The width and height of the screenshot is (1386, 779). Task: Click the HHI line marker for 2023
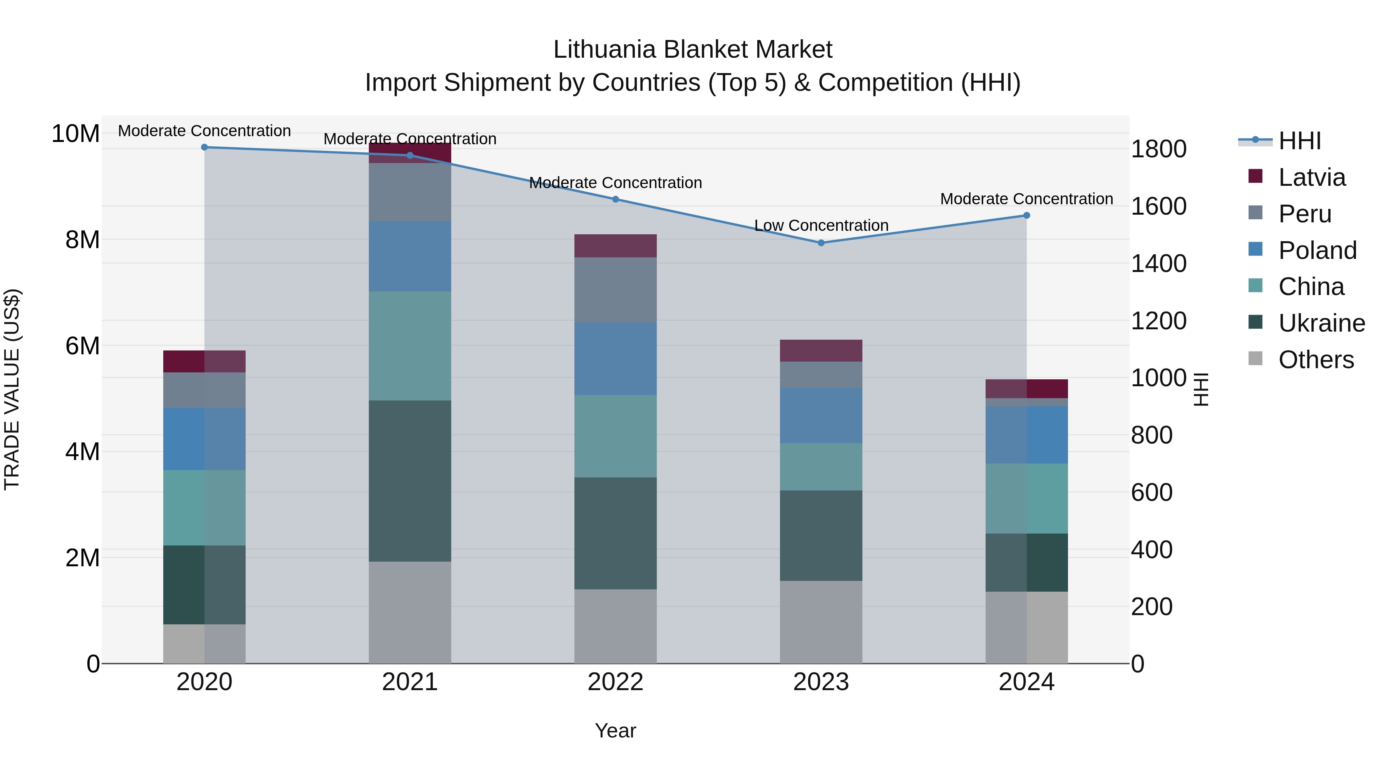click(821, 243)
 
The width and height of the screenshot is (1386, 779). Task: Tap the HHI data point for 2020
click(204, 147)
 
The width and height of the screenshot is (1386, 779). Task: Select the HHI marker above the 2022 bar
click(616, 199)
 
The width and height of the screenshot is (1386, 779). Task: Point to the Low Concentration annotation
click(821, 225)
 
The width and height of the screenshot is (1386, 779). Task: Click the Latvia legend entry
click(1312, 177)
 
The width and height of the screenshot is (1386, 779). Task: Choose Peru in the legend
click(1305, 214)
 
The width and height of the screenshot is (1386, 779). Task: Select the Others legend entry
click(1316, 360)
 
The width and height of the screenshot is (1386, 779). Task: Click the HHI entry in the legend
click(1299, 141)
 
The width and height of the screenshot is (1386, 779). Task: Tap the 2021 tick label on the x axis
click(410, 682)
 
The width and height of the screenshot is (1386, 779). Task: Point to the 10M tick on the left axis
click(75, 133)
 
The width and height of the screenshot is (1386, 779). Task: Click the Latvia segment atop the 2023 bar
click(821, 350)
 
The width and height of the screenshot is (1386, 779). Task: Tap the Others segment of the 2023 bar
click(821, 622)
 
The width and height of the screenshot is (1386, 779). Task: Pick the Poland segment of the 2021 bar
click(410, 257)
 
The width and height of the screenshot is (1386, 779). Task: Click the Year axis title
click(616, 731)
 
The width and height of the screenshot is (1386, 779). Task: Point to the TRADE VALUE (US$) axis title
click(12, 389)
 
